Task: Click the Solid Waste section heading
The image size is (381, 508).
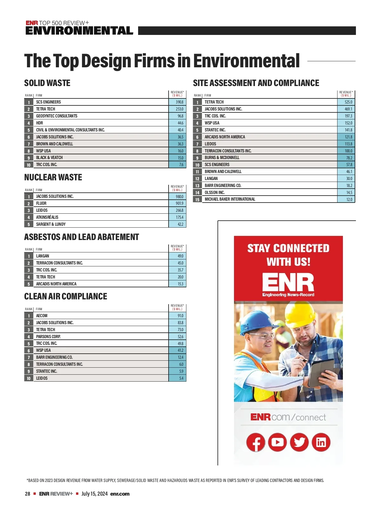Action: [x=47, y=83]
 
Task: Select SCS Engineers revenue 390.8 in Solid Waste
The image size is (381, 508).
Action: [x=179, y=102]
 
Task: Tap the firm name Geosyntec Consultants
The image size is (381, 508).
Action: [x=57, y=116]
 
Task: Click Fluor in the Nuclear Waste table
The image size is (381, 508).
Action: [x=41, y=204]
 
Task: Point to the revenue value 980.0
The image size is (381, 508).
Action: [x=179, y=197]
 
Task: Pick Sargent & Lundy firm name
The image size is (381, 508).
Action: [x=51, y=224]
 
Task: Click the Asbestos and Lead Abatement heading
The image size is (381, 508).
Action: [x=82, y=237]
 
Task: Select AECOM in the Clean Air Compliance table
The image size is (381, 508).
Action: [x=42, y=316]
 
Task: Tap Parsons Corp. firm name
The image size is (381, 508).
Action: [x=48, y=337]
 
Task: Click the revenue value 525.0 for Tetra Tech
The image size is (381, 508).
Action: [x=348, y=102]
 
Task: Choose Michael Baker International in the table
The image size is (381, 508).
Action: [x=230, y=199]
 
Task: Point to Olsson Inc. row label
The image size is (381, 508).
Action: [x=215, y=192]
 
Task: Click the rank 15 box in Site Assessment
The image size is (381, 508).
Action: [x=197, y=200]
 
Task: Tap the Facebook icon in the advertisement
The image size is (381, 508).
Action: [x=256, y=442]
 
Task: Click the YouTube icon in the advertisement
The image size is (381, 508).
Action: [x=277, y=442]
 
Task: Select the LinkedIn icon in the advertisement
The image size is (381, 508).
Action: [x=321, y=442]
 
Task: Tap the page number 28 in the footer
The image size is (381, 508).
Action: [x=28, y=494]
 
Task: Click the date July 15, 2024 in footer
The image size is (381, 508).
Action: [x=94, y=494]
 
